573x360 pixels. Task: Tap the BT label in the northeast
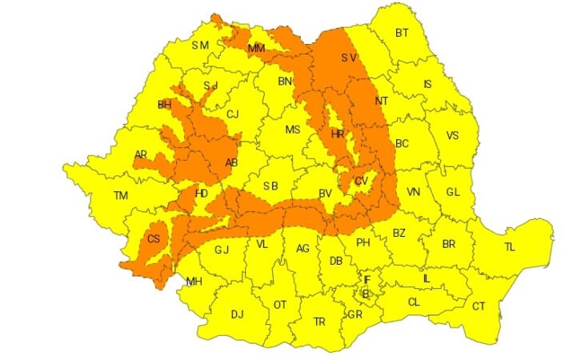tap(402, 34)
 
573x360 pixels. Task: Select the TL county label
tap(510, 247)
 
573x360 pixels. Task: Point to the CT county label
tap(479, 306)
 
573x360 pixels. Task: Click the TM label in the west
tap(121, 196)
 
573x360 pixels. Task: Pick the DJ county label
tap(237, 314)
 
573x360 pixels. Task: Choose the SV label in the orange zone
tap(348, 58)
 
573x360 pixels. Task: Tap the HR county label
tap(337, 134)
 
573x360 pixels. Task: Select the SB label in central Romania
tap(270, 186)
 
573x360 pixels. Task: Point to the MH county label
tap(194, 282)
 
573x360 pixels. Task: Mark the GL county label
tap(453, 192)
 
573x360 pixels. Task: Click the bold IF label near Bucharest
tap(367, 280)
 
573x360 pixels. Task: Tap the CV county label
tap(361, 182)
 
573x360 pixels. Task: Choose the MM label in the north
tap(256, 49)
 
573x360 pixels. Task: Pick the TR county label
tap(319, 322)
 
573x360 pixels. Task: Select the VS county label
tap(452, 136)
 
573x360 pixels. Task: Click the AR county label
tap(141, 155)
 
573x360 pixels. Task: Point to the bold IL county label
tap(427, 278)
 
